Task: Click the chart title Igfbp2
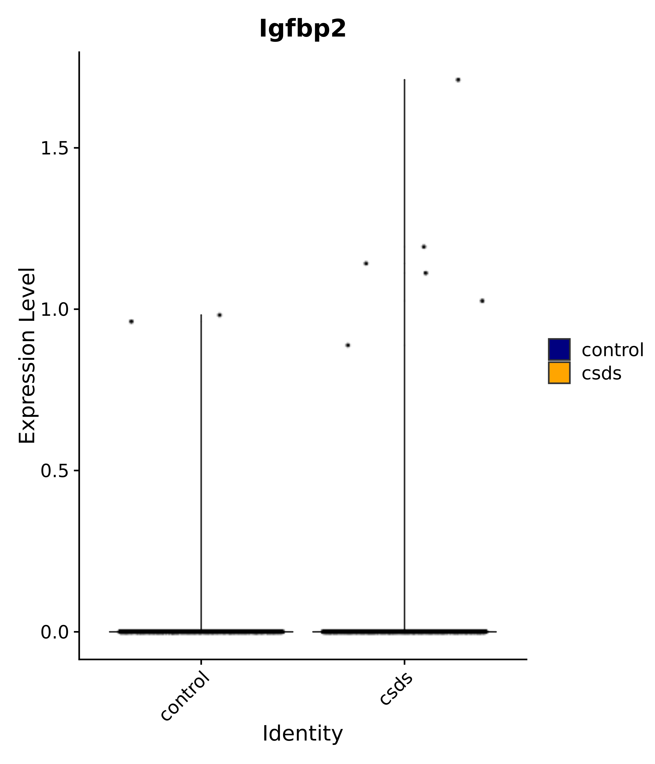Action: pos(302,29)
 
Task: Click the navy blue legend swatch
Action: pos(559,349)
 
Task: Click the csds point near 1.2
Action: pos(424,247)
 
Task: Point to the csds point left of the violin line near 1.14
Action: pos(366,263)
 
